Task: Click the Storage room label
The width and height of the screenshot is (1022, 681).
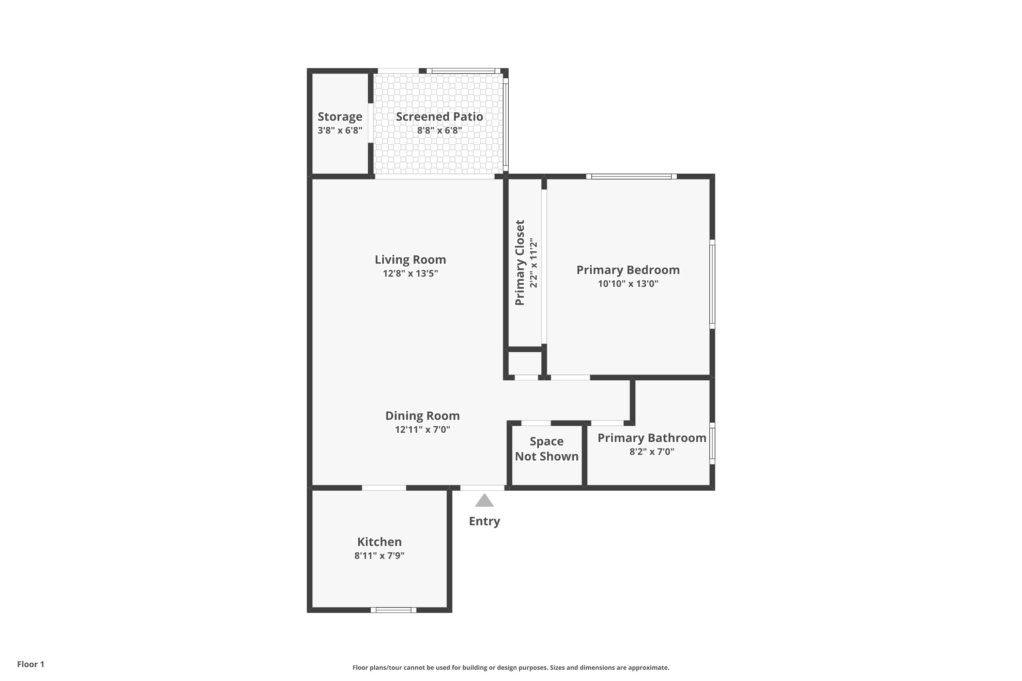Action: pos(340,117)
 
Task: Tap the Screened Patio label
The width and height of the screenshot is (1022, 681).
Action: pos(439,116)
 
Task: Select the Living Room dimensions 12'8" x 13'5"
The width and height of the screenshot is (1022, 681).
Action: pos(410,273)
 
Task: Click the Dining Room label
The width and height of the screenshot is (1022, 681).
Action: pos(422,416)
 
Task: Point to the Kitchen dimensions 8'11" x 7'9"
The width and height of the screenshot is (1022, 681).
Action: pos(380,555)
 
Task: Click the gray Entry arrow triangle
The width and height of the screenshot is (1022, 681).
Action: pos(484,500)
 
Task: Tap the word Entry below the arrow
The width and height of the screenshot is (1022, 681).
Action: pos(484,521)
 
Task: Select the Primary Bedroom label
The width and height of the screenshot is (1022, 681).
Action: pos(628,270)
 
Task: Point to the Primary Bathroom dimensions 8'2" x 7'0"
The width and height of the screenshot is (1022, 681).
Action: pos(652,451)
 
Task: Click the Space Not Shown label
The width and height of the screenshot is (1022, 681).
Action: pos(547,449)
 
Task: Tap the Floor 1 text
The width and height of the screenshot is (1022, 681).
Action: pos(31,664)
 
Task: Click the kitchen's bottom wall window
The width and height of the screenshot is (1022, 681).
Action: pos(393,610)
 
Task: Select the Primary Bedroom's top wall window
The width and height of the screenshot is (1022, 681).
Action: pos(631,176)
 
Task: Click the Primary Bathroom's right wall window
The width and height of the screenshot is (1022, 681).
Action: pos(712,443)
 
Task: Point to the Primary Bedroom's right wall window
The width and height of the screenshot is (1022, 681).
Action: pos(712,284)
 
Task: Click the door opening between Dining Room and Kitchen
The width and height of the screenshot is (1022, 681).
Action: pos(384,488)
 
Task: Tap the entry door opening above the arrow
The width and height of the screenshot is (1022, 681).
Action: pos(482,488)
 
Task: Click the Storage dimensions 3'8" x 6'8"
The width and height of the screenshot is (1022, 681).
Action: pos(340,130)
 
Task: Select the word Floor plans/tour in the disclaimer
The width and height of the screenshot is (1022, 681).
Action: pos(377,667)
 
